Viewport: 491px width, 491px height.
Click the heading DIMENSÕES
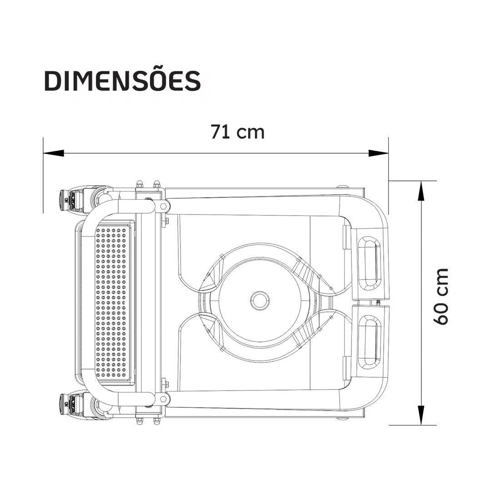click(x=122, y=81)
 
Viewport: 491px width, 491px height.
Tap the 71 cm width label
click(x=237, y=132)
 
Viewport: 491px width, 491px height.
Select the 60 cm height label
click(x=441, y=296)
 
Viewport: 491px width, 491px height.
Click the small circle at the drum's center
click(x=260, y=301)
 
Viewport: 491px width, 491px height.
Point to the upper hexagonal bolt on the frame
click(x=163, y=206)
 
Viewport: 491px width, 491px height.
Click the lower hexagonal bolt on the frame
click(x=163, y=399)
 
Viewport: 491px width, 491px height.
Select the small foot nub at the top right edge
click(x=342, y=186)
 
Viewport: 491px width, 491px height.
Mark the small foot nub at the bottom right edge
click(x=342, y=418)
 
